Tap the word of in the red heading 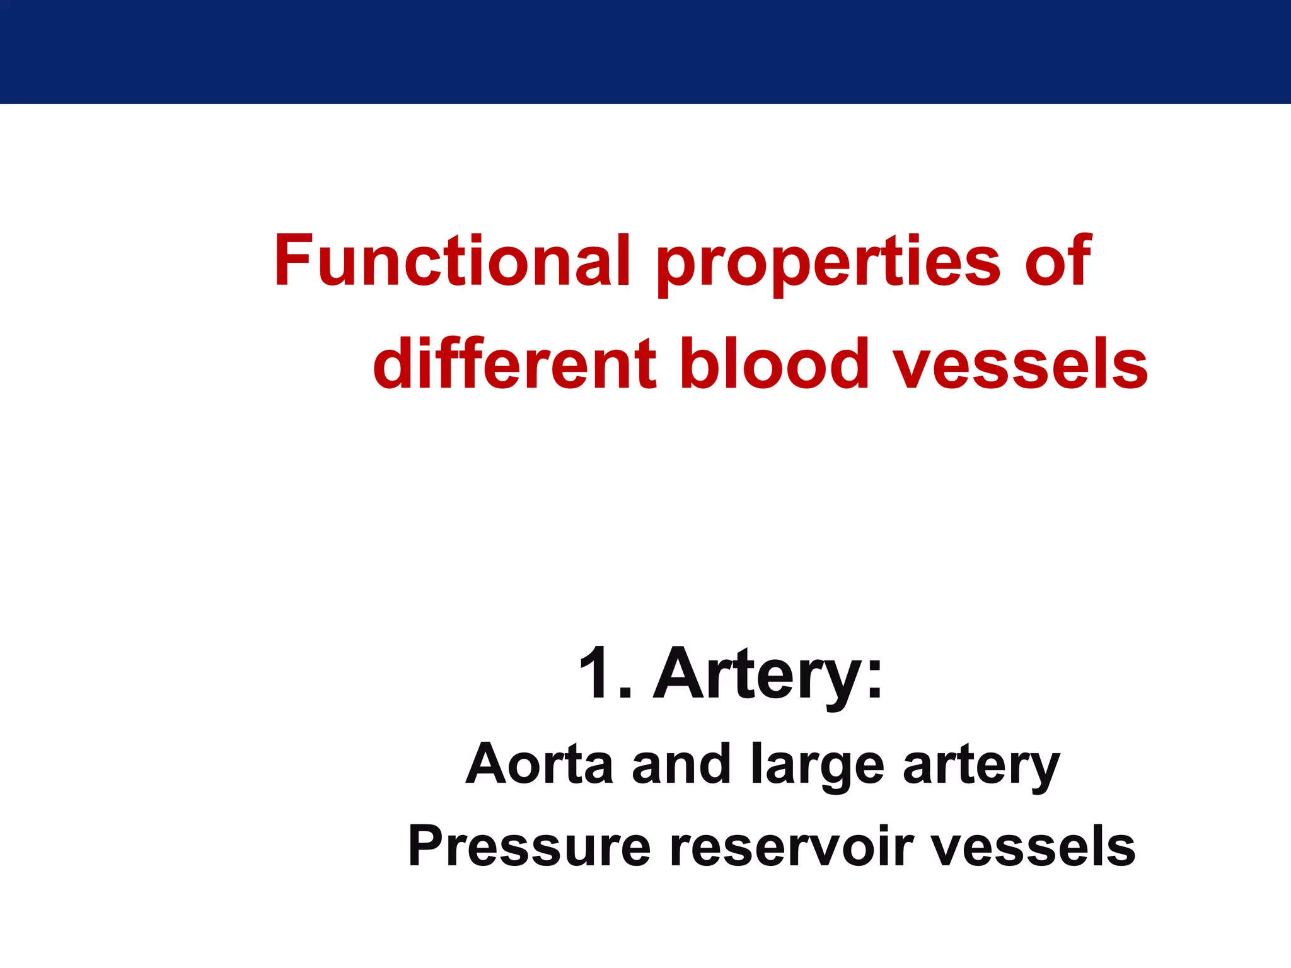coord(1057,261)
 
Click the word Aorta coord(540,764)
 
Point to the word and coord(681,764)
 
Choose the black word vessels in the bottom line coord(1033,846)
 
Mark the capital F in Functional coord(293,260)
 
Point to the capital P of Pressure coord(426,846)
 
